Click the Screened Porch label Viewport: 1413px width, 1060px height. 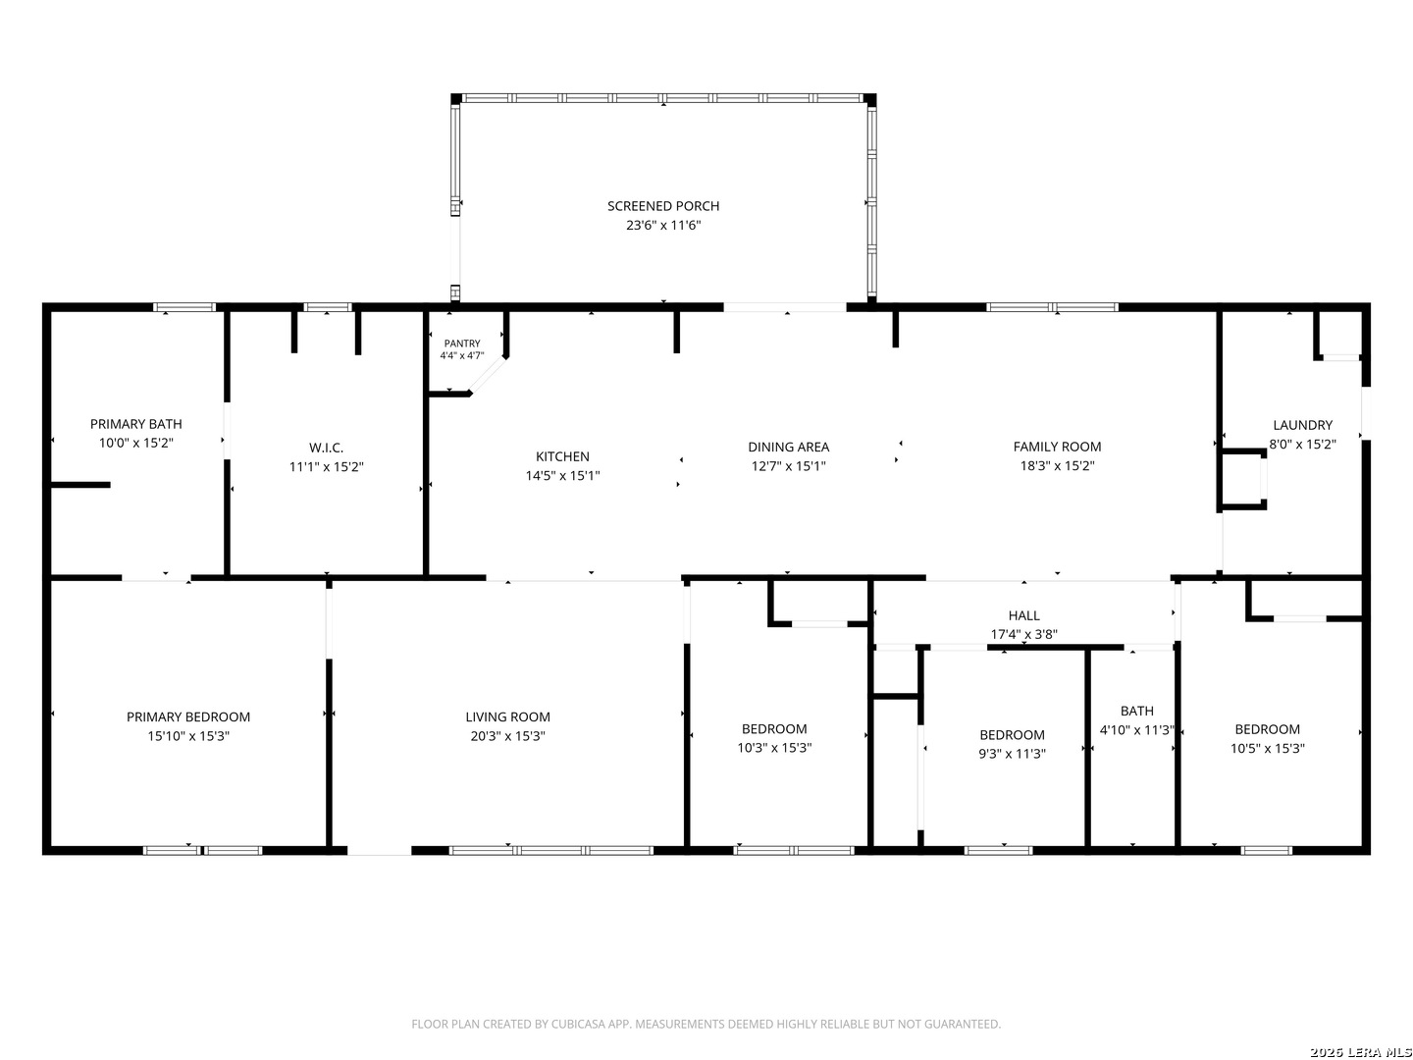663,206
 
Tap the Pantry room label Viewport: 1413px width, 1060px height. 461,344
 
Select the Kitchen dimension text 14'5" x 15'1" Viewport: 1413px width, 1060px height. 562,476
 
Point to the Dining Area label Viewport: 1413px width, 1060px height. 788,447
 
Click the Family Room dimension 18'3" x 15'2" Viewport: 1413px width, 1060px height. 1057,465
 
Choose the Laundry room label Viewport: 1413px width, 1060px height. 1302,425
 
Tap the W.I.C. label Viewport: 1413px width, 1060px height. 327,448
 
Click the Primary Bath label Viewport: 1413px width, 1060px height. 135,423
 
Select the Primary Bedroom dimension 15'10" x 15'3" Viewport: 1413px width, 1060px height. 188,736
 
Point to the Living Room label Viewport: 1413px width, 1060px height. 508,716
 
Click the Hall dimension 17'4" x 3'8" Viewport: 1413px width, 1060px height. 1023,635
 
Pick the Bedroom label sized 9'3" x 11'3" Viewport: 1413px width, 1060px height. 1012,735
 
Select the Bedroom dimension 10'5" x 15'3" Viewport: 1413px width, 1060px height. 1267,749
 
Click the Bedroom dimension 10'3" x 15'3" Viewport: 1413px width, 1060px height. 774,748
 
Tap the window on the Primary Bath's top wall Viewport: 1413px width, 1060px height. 184,307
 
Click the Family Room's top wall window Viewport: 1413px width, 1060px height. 1052,307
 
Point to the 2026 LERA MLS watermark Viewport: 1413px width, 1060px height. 1360,1052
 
